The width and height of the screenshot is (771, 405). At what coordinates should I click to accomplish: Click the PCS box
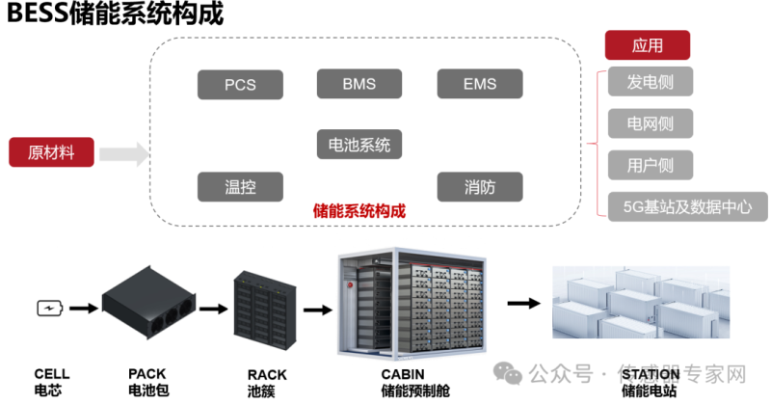pyautogui.click(x=240, y=84)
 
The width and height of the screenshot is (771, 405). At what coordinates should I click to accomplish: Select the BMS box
pyautogui.click(x=359, y=84)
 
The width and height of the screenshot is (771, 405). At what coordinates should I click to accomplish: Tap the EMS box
pyautogui.click(x=479, y=84)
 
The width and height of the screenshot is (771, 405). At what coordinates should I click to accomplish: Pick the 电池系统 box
pyautogui.click(x=359, y=145)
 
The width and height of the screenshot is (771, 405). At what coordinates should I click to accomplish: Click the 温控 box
pyautogui.click(x=240, y=186)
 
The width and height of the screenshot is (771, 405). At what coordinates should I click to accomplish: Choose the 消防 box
pyautogui.click(x=479, y=186)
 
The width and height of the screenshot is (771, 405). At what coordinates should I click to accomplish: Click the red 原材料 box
pyautogui.click(x=51, y=152)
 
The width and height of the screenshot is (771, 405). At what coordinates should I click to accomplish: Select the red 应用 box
pyautogui.click(x=647, y=45)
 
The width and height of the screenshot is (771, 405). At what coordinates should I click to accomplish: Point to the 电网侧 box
pyautogui.click(x=650, y=122)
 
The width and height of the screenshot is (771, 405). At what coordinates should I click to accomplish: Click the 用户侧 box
pyautogui.click(x=650, y=165)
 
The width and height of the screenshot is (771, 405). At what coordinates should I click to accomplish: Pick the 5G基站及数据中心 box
pyautogui.click(x=687, y=206)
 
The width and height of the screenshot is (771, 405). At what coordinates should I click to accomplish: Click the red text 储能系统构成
pyautogui.click(x=360, y=210)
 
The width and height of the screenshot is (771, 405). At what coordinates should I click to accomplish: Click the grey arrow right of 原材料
pyautogui.click(x=122, y=153)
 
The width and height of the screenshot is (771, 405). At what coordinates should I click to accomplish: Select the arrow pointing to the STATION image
pyautogui.click(x=523, y=303)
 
